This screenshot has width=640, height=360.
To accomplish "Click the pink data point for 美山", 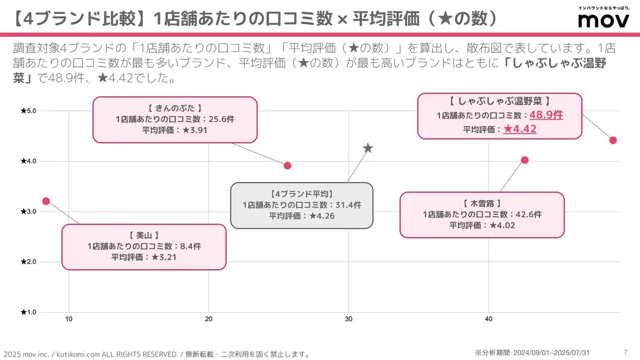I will point(46,201).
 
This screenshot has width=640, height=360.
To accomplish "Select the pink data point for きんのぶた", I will point(287,165).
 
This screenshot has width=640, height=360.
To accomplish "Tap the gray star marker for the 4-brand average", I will point(368,148).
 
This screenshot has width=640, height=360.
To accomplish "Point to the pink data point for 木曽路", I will point(524,160).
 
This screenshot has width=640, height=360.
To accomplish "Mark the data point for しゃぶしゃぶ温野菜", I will point(613,140).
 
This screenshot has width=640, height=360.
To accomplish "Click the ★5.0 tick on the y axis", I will point(28,110).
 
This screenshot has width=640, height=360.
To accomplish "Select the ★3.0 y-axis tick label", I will point(28,211).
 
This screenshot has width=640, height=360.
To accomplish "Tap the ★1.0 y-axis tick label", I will point(28,312).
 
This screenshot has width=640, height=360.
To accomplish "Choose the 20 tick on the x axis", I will point(209,319).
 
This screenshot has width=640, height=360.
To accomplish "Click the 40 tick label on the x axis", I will point(489,319).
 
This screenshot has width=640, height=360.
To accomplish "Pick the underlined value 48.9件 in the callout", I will point(546,115).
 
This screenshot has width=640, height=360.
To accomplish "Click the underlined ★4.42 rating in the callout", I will point(519,129).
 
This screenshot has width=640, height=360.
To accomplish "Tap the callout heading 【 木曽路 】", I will point(482,203).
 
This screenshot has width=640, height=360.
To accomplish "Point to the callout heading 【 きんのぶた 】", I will point(174,108).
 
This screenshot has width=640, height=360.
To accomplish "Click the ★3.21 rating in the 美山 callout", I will point(164,257).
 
